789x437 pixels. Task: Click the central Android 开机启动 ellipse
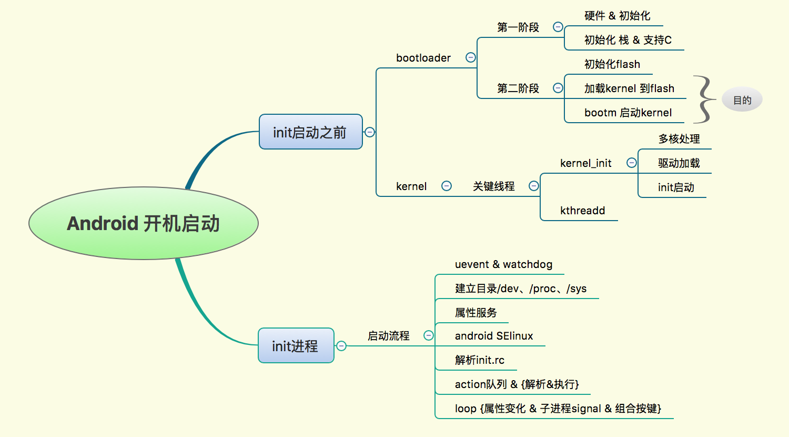coord(143,223)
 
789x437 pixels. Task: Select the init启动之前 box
coord(310,132)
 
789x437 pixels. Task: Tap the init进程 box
coord(296,346)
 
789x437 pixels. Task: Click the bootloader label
coord(423,58)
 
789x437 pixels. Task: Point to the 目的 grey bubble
coord(742,100)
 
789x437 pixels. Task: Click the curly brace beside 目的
coord(704,100)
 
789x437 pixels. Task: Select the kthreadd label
coord(582,211)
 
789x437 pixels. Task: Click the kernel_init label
coord(585,163)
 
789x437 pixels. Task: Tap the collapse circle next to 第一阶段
coord(558,27)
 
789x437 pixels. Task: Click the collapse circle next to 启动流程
coord(429,335)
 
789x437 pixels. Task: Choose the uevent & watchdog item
coord(503,264)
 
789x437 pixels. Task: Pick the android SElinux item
coord(494,336)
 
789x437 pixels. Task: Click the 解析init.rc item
coord(480,360)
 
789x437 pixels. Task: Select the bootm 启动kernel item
coord(628,113)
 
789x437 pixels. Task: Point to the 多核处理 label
coord(679,139)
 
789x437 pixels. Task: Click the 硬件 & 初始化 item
coord(617,16)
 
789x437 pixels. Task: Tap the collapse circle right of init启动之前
coord(370,132)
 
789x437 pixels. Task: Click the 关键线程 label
coord(493,186)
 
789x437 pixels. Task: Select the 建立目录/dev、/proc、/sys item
coord(520,289)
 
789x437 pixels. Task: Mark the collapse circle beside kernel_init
coord(632,163)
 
